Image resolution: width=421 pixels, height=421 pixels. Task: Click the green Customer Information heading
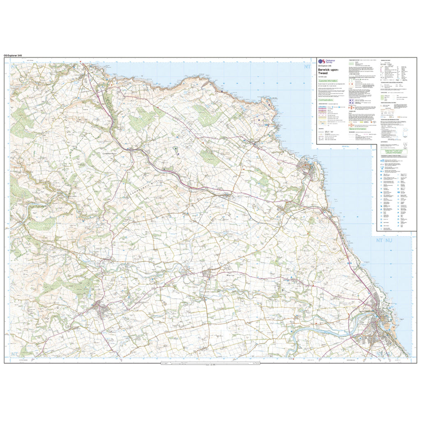coord(328,81)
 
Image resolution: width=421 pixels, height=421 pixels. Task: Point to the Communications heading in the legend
coord(326,99)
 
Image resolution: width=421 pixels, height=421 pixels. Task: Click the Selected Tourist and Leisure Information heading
coord(394,152)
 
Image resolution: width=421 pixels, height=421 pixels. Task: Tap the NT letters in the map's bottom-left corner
coord(15,354)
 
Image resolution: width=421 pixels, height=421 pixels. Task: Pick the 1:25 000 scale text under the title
coord(323,78)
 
